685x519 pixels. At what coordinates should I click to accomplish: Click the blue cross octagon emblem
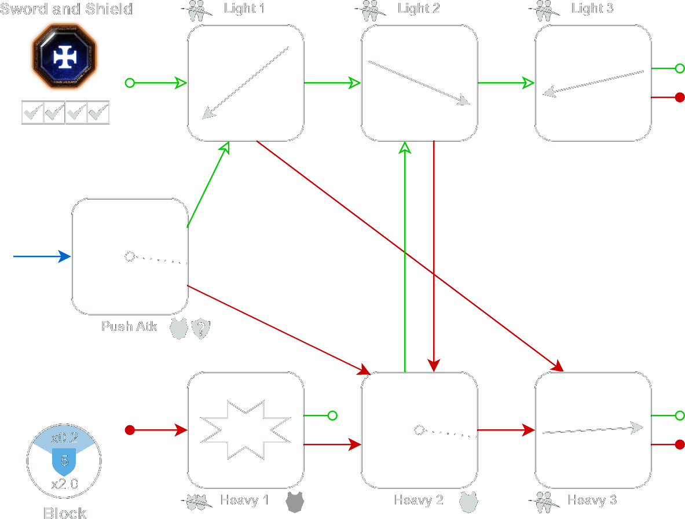click(64, 56)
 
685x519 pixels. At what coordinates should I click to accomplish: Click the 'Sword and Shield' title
click(66, 9)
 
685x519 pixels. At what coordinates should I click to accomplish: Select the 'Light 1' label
click(244, 9)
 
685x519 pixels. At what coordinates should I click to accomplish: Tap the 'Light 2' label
click(419, 9)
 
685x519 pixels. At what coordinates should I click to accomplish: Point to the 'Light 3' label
click(592, 9)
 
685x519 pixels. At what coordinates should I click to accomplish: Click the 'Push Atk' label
click(129, 326)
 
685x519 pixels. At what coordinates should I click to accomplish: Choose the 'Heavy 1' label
click(244, 500)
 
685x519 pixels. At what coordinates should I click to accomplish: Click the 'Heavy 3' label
click(592, 500)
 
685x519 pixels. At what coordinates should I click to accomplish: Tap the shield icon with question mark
click(201, 329)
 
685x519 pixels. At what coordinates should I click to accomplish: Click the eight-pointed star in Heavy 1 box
click(246, 430)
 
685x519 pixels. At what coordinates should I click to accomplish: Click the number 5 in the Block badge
click(64, 461)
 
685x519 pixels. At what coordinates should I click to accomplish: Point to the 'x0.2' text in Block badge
click(64, 437)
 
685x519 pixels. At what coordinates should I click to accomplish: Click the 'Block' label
click(65, 513)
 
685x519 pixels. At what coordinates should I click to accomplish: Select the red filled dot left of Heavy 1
click(130, 430)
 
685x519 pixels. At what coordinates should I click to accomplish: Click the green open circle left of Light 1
click(130, 83)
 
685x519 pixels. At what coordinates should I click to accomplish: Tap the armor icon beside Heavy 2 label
click(469, 502)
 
